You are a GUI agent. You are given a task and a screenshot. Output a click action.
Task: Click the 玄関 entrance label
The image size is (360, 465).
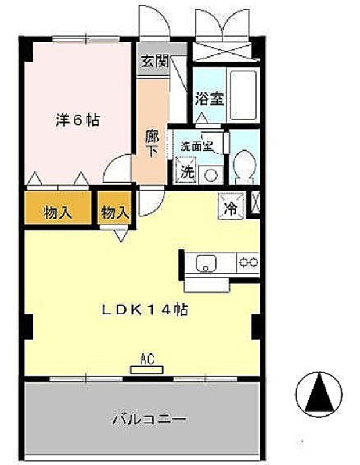[154, 61]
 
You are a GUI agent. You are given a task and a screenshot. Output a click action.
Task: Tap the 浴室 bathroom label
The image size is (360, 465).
[209, 99]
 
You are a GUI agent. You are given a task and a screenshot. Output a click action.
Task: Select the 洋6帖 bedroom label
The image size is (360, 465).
[77, 120]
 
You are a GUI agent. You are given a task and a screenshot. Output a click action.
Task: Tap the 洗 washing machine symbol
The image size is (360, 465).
[186, 172]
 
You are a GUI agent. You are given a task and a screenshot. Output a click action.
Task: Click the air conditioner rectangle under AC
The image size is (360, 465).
[147, 369]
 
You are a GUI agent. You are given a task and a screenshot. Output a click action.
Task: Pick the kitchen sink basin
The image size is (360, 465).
[206, 263]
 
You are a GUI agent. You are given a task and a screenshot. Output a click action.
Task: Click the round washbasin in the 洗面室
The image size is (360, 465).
[211, 173]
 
